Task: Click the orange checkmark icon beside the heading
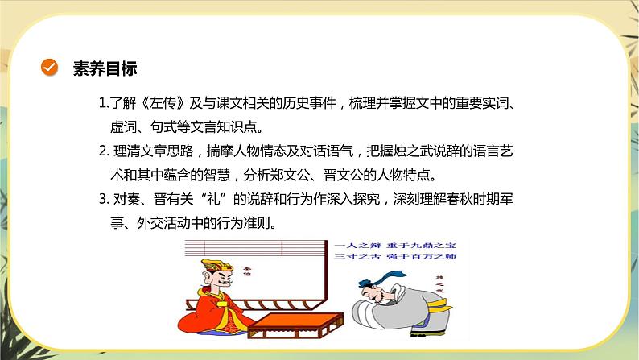point(49,68)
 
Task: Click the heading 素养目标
point(99,68)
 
